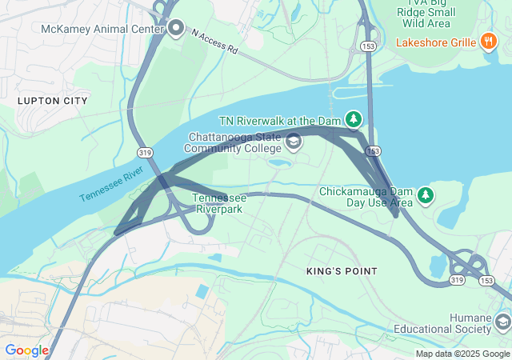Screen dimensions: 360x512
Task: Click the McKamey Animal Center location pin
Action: click(x=177, y=30)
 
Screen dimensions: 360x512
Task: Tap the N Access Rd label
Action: click(x=215, y=42)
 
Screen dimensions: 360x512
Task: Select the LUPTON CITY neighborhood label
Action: click(x=52, y=101)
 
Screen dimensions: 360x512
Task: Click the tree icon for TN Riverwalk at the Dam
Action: click(x=353, y=119)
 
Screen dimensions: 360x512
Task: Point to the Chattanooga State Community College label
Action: click(x=234, y=142)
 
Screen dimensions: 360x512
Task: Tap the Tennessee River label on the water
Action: click(x=111, y=184)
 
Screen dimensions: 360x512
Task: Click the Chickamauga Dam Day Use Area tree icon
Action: click(x=426, y=194)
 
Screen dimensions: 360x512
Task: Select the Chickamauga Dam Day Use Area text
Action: click(x=366, y=198)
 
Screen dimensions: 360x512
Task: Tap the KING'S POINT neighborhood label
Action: click(x=342, y=271)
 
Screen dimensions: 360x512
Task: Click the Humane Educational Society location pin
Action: click(x=502, y=322)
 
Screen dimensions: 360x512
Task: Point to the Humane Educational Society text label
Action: click(x=443, y=322)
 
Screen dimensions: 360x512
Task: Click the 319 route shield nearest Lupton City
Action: click(x=145, y=152)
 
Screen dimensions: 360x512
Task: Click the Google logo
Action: click(x=26, y=350)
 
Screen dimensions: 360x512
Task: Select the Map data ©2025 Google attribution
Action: click(x=462, y=354)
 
